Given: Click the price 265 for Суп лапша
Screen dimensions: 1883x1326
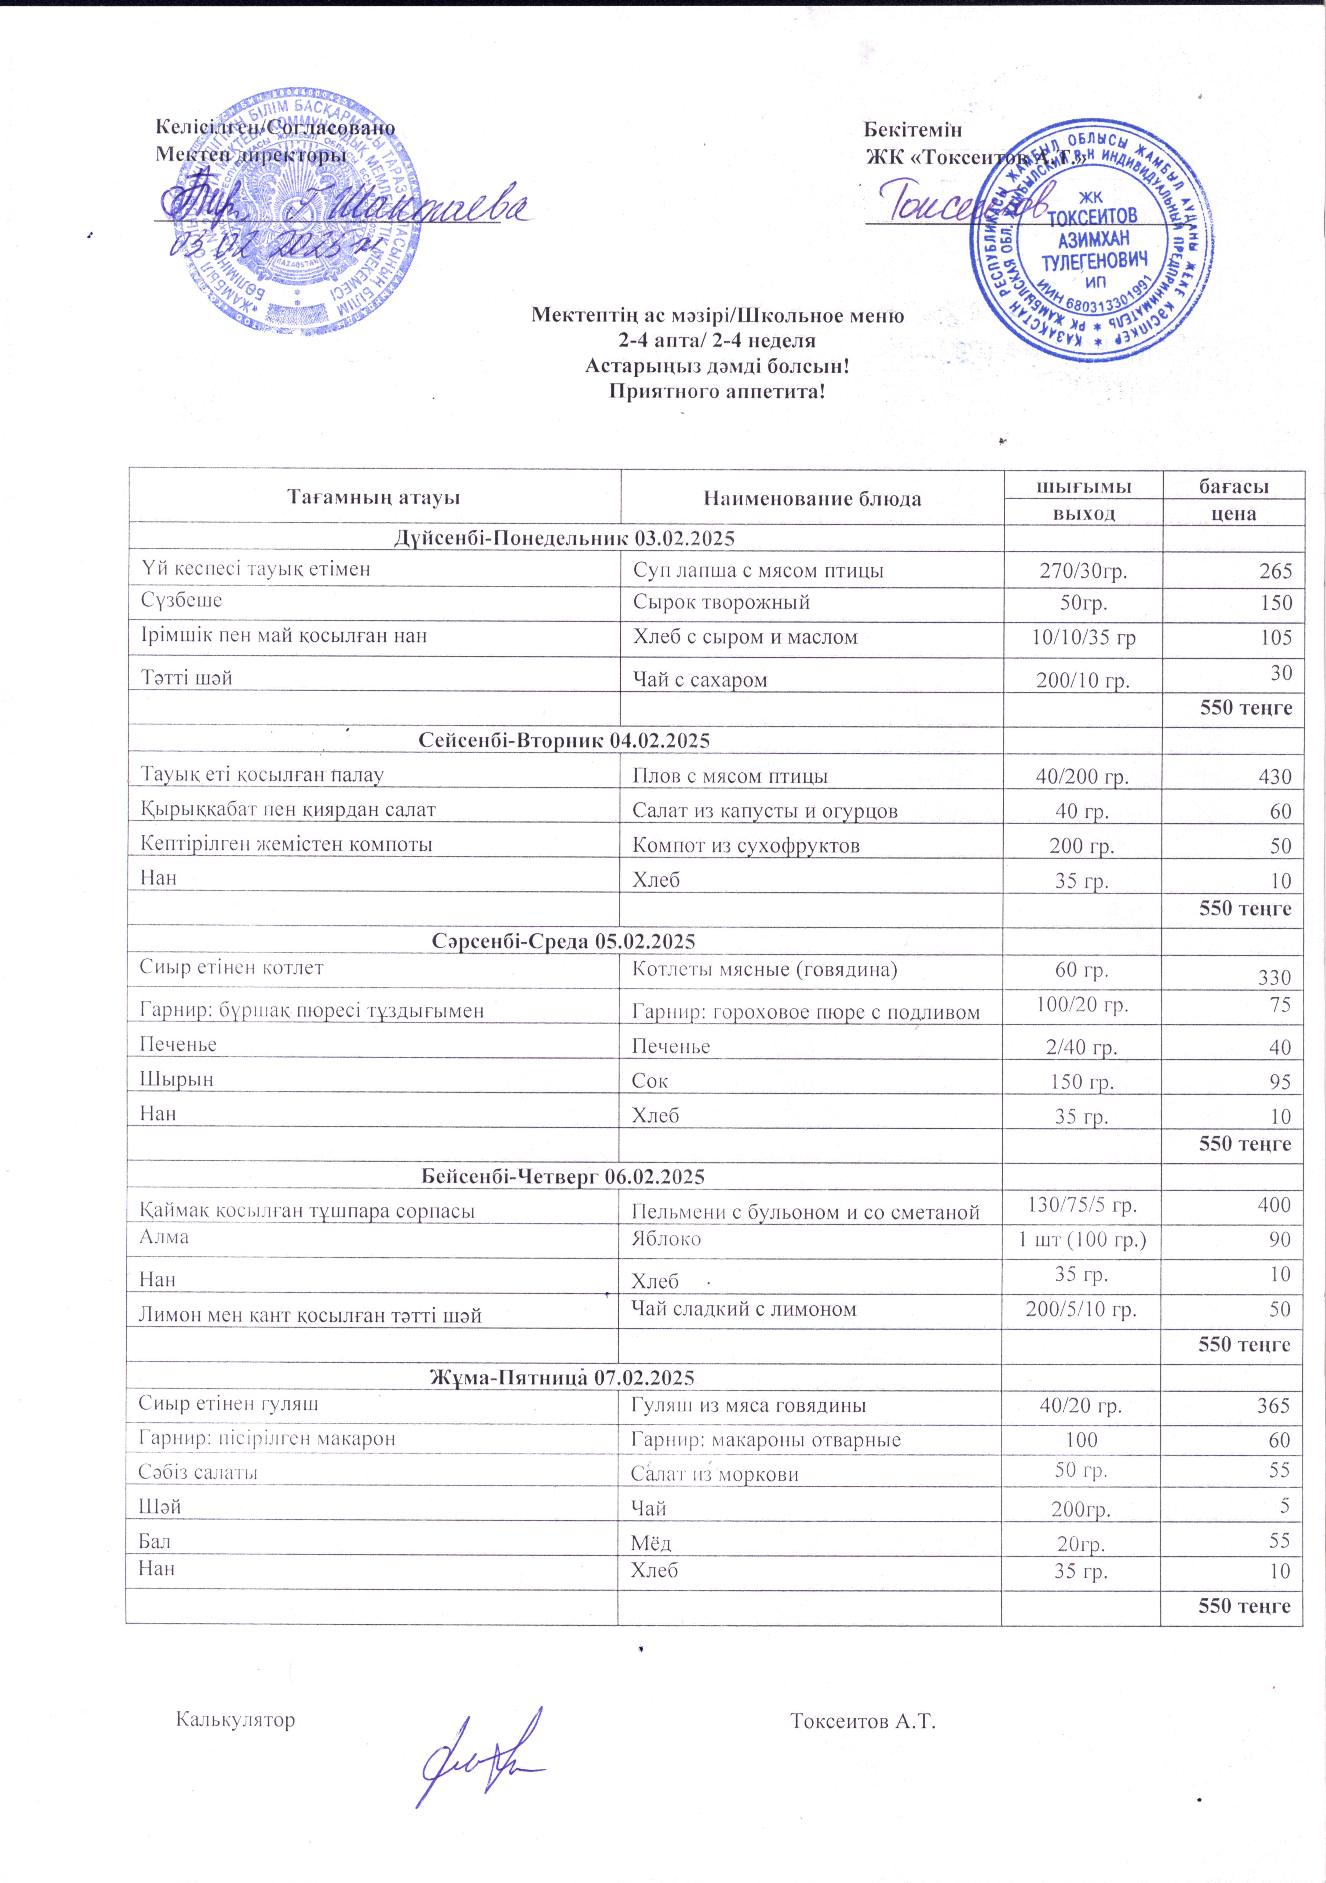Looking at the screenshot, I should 1275,571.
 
